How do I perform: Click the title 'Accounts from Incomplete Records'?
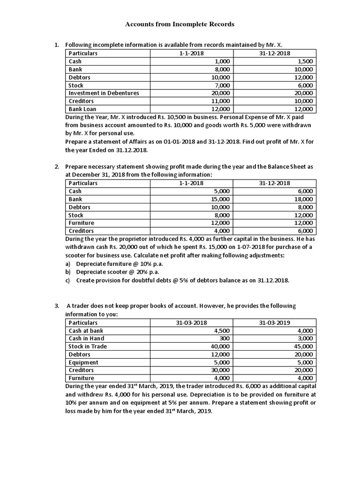pyautogui.click(x=180, y=23)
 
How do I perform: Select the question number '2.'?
pyautogui.click(x=56, y=167)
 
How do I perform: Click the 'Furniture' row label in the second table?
pyautogui.click(x=81, y=223)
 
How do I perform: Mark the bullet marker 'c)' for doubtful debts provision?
pyautogui.click(x=68, y=280)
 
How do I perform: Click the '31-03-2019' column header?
pyautogui.click(x=275, y=323)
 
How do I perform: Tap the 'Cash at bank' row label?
pyautogui.click(x=86, y=330)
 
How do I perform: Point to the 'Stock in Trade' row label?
pyautogui.click(x=88, y=346)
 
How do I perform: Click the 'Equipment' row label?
pyautogui.click(x=83, y=362)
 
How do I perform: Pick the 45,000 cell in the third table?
pyautogui.click(x=306, y=346)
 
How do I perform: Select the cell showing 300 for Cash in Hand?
pyautogui.click(x=224, y=338)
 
